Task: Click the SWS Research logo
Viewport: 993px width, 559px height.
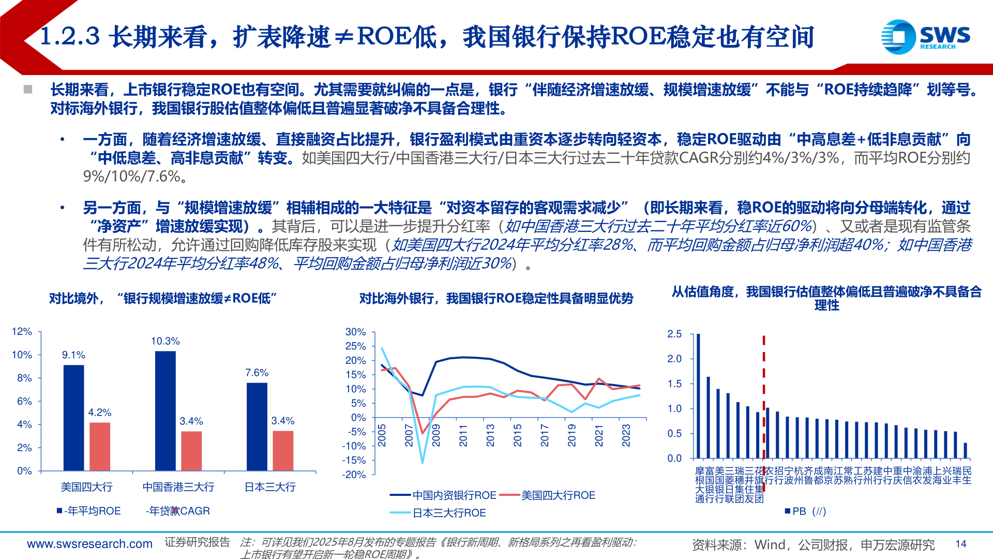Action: click(x=925, y=37)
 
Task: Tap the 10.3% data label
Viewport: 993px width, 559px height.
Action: click(x=165, y=341)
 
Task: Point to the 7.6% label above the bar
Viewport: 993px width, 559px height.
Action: click(x=257, y=373)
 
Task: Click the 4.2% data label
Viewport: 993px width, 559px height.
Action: click(x=99, y=413)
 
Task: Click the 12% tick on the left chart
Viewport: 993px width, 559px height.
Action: click(x=22, y=331)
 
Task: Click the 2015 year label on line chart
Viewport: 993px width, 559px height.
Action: click(x=517, y=435)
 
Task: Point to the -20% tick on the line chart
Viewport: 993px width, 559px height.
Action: click(x=354, y=475)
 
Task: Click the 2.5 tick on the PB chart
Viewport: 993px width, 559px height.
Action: click(x=674, y=334)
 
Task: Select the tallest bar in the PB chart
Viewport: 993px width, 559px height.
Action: click(x=698, y=396)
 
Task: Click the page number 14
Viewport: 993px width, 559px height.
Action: click(x=961, y=544)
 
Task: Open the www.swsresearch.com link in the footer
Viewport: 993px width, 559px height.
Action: click(x=89, y=544)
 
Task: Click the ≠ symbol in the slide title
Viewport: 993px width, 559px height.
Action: click(x=344, y=37)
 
